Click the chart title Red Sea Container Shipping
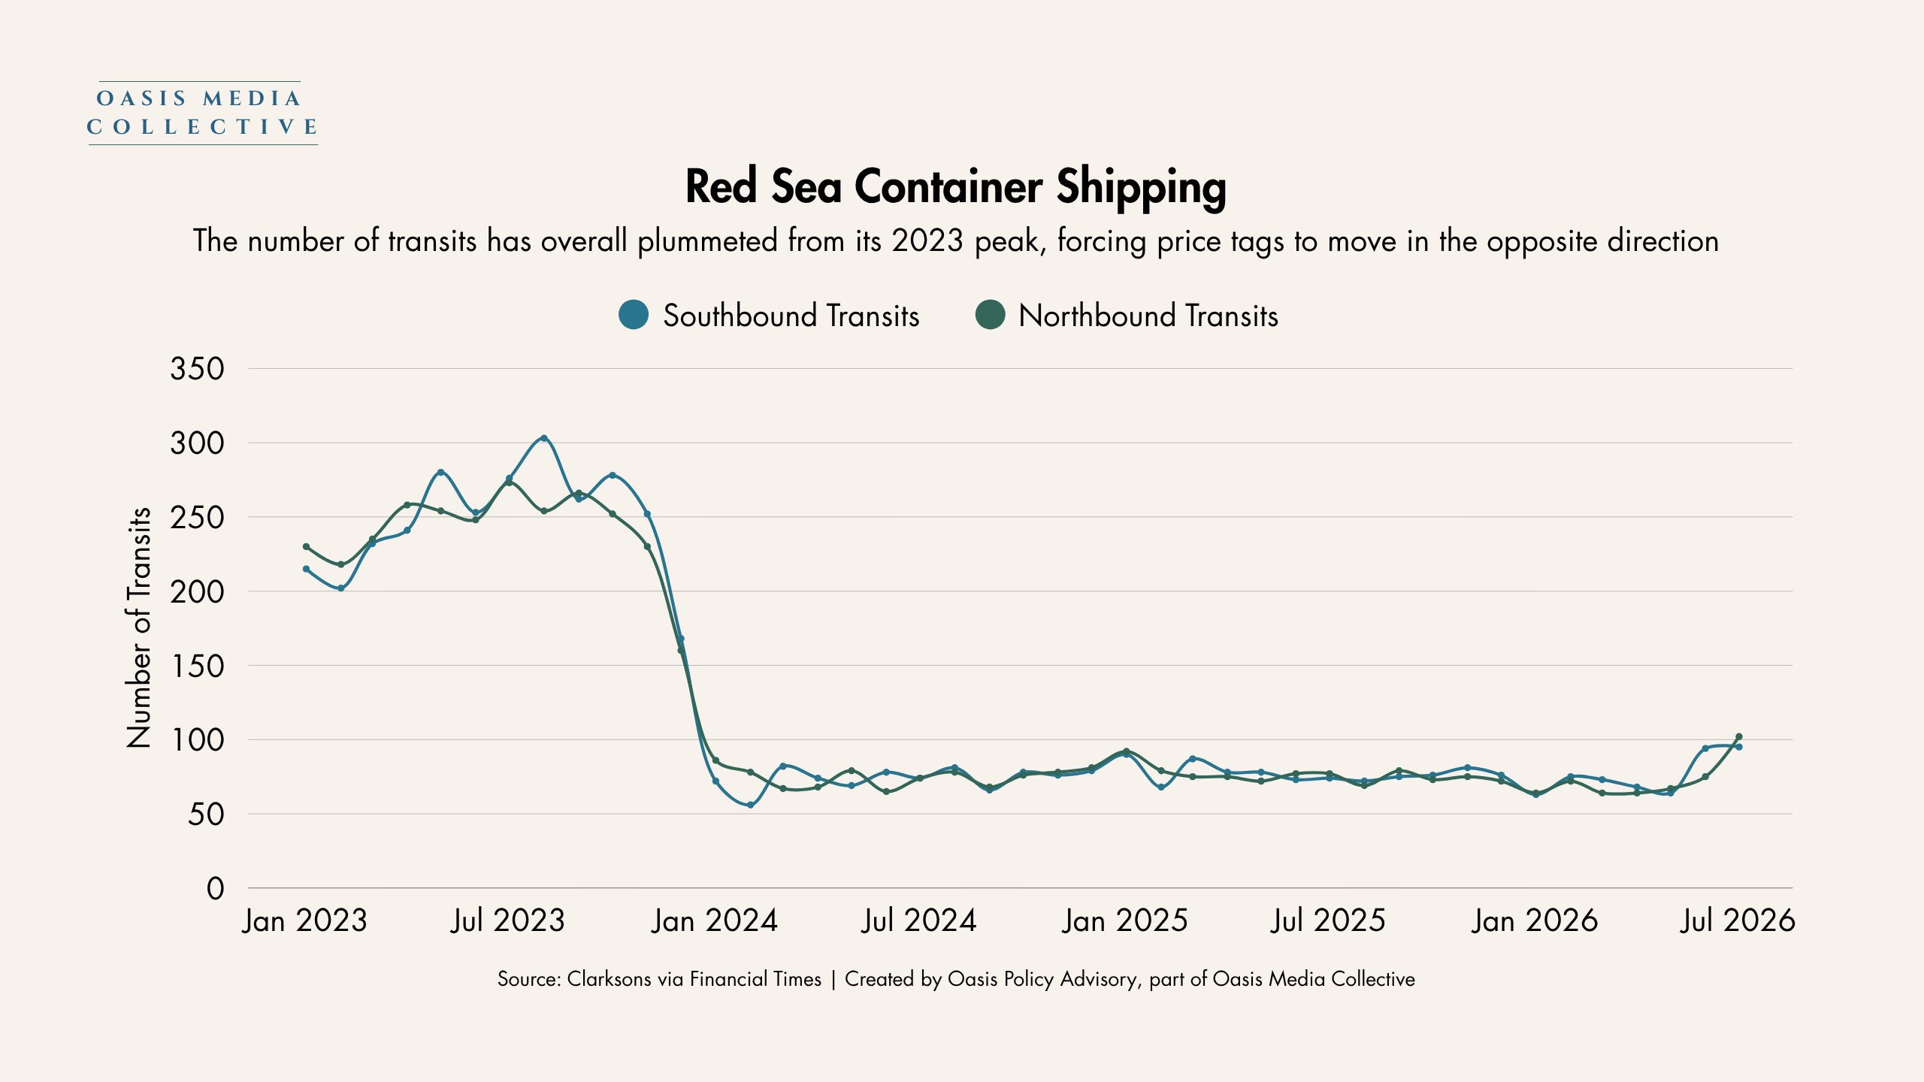[955, 188]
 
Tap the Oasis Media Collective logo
[203, 113]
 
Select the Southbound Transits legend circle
[634, 315]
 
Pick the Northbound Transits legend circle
[990, 315]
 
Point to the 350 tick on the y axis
[197, 369]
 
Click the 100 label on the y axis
[198, 740]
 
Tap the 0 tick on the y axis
[216, 889]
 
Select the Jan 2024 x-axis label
[714, 921]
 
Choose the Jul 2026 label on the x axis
[1738, 921]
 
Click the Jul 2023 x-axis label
[507, 921]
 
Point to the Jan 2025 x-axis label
[1124, 921]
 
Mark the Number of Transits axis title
[139, 627]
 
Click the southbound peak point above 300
[544, 438]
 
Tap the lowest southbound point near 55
[750, 805]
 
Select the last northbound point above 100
[1738, 736]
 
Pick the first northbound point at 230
[306, 546]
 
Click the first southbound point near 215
[306, 569]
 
